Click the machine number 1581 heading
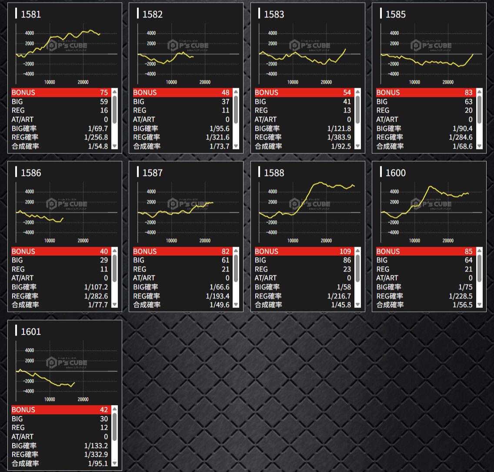pyautogui.click(x=31, y=14)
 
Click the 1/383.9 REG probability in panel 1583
pyautogui.click(x=340, y=137)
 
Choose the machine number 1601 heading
pyautogui.click(x=31, y=332)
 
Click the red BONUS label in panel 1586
pyautogui.click(x=23, y=251)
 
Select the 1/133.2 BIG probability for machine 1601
pyautogui.click(x=96, y=446)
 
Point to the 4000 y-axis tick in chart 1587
pyautogui.click(x=151, y=191)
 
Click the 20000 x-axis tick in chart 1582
pyautogui.click(x=204, y=82)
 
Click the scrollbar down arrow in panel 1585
pyautogui.click(x=480, y=146)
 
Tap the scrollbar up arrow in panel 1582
pyautogui.click(x=236, y=92)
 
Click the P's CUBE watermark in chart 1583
pyautogui.click(x=310, y=45)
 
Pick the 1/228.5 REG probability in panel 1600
pyautogui.click(x=461, y=296)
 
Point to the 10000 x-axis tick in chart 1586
pyautogui.click(x=50, y=241)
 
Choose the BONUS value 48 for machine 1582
pyautogui.click(x=225, y=92)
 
